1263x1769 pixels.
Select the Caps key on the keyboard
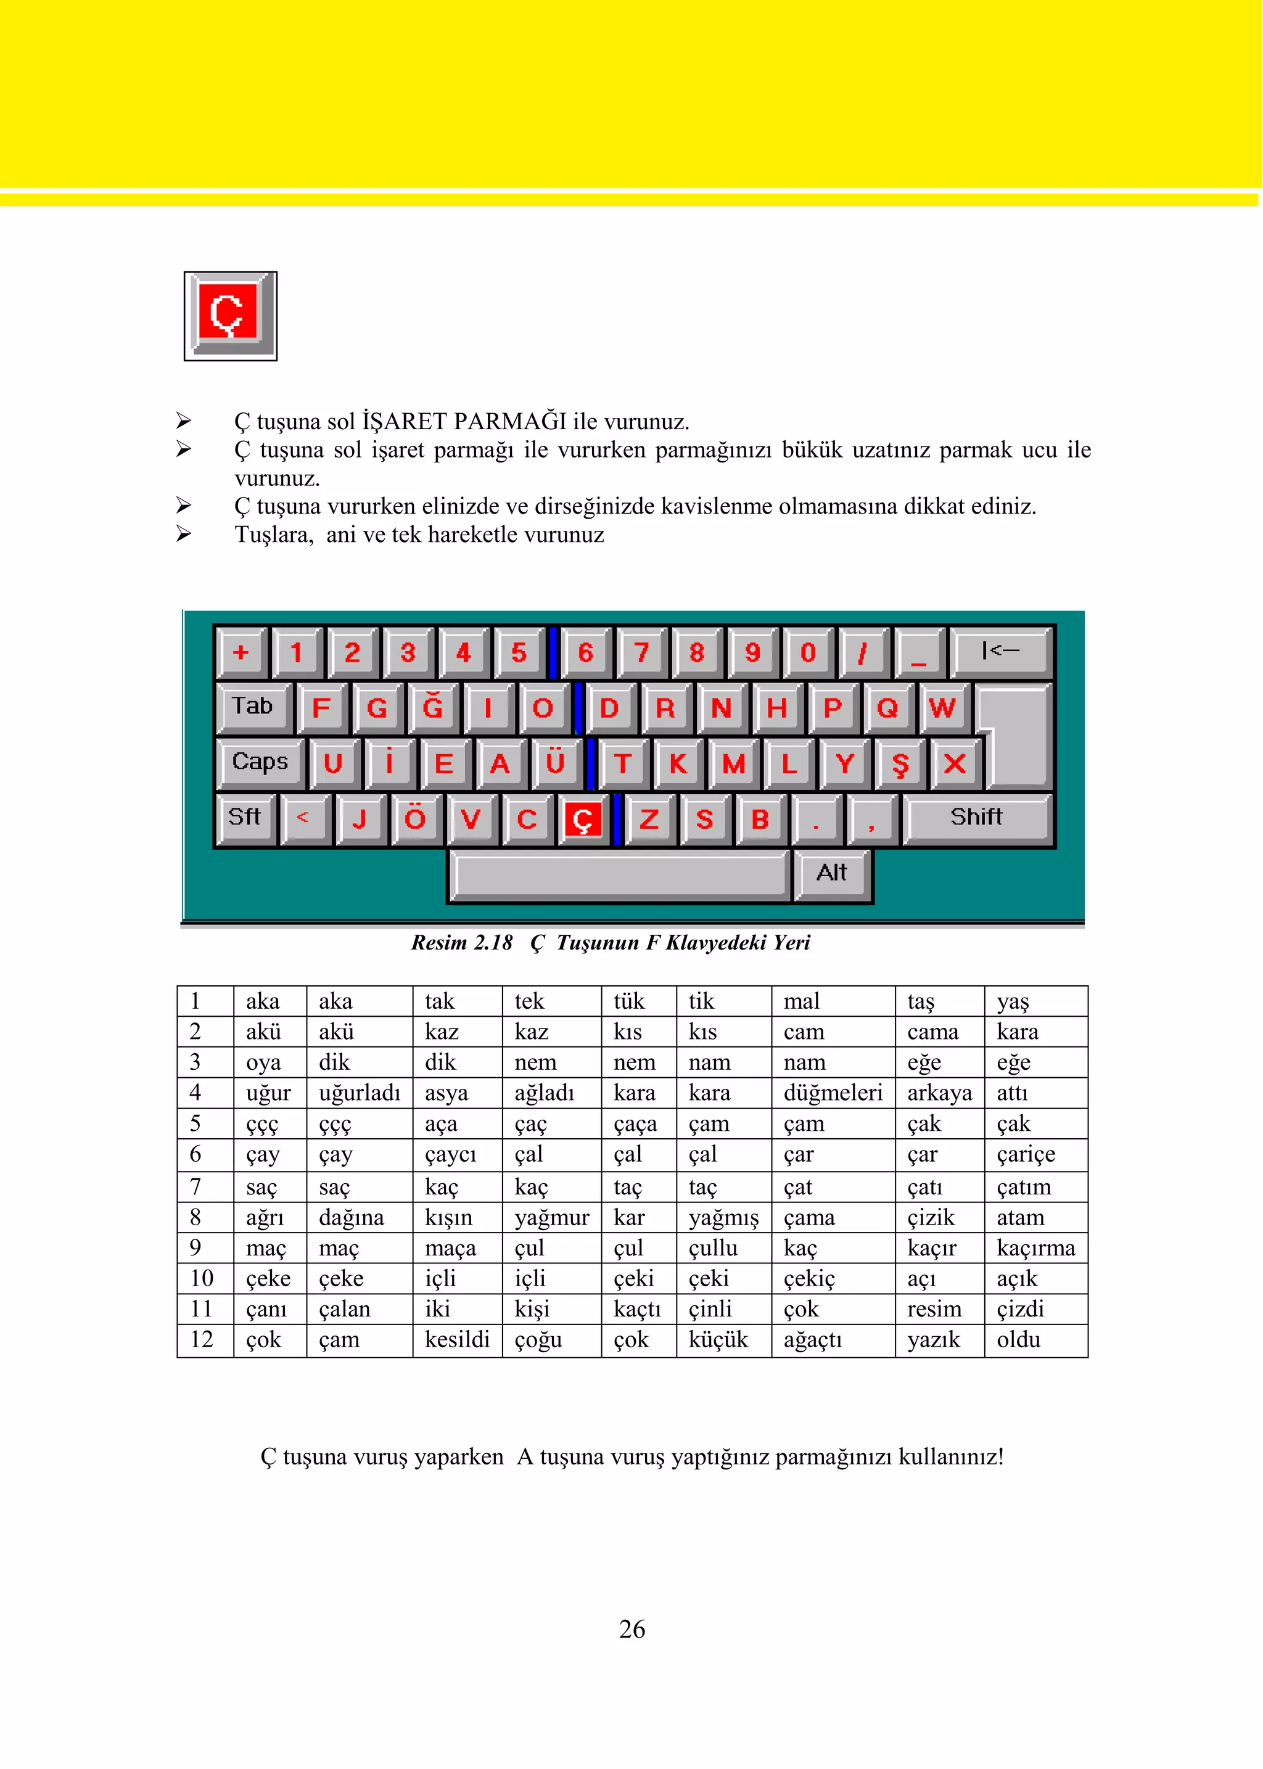260,762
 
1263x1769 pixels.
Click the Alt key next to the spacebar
831,873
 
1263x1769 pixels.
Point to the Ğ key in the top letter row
432,708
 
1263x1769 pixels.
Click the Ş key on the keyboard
900,763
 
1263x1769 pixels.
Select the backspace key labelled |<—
1000,651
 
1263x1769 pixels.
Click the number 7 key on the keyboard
641,652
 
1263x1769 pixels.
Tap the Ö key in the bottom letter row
415,819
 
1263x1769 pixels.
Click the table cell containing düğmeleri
832,1093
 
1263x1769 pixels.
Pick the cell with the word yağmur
551,1217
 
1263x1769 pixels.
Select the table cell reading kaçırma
1035,1248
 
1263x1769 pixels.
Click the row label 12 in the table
202,1340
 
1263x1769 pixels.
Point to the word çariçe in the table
1026,1155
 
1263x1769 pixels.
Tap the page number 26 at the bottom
631,1629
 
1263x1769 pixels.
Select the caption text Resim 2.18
461,942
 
